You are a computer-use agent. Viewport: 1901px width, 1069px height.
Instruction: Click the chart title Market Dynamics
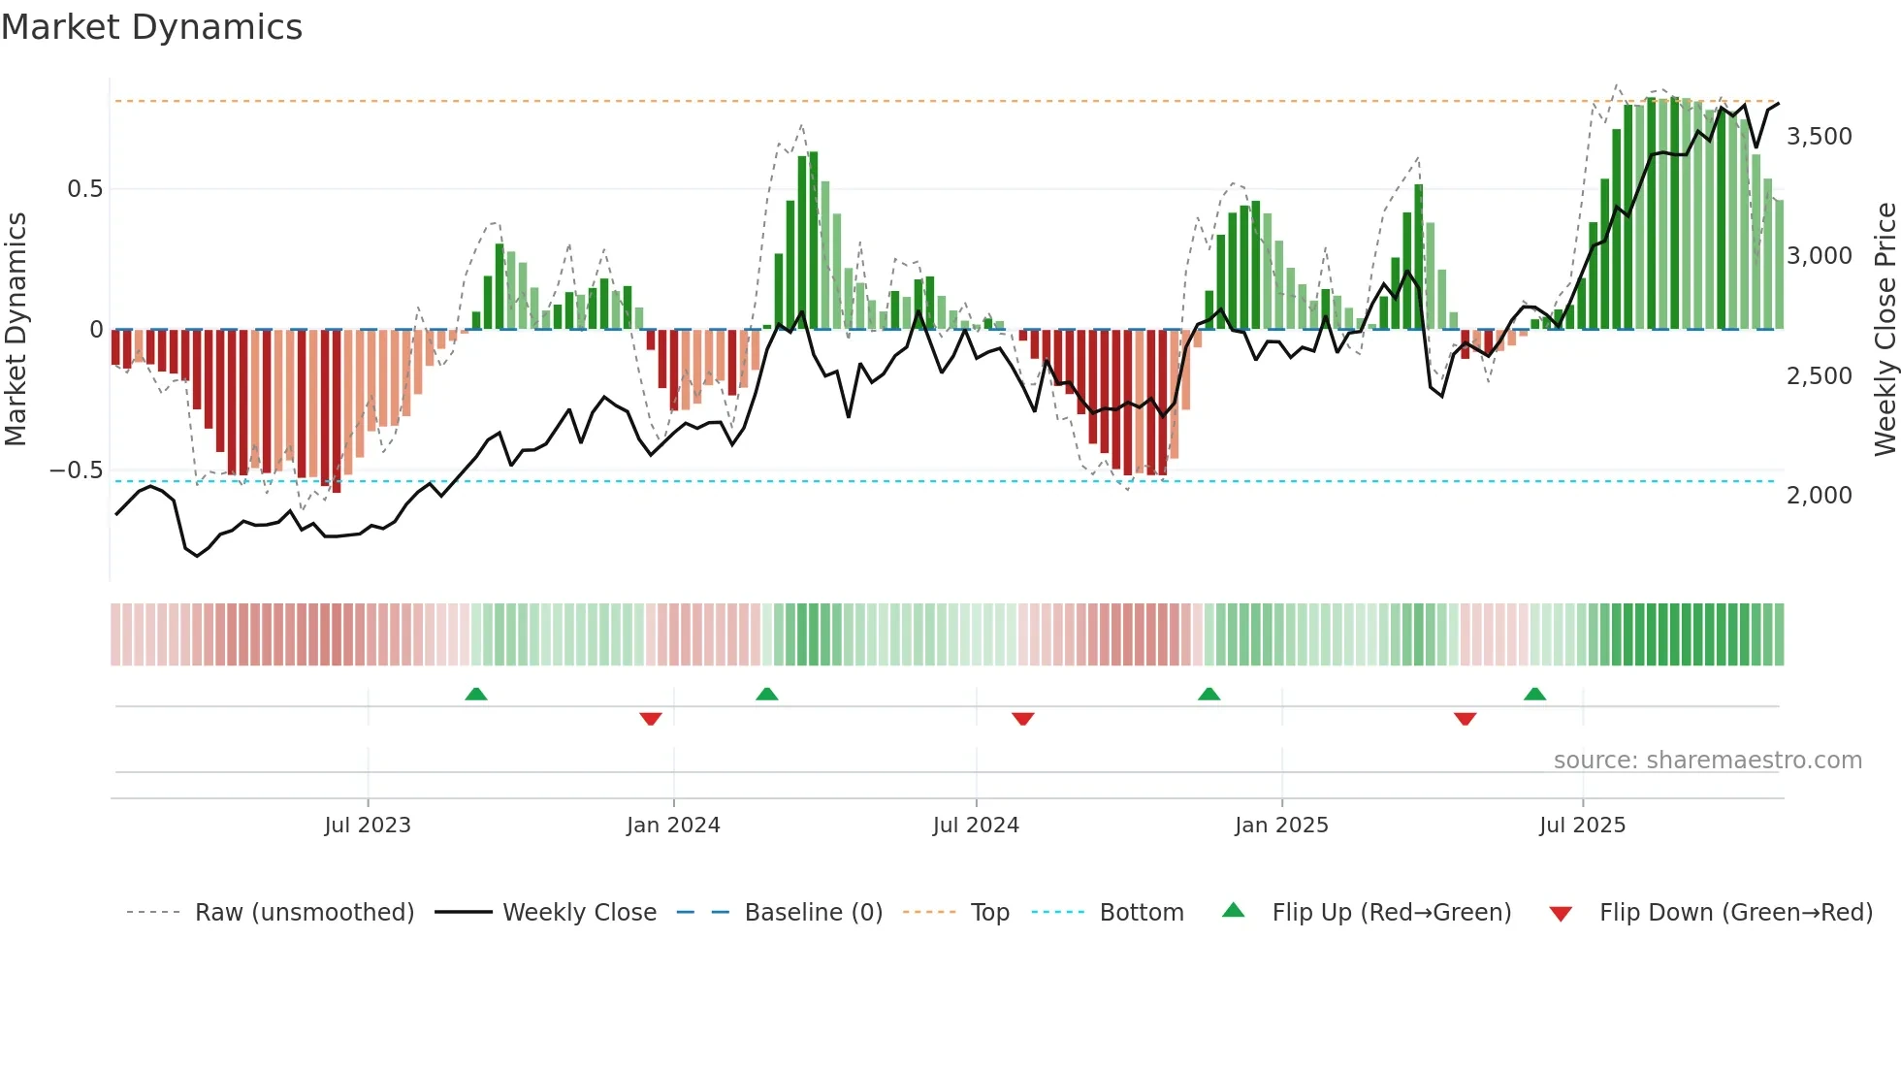(152, 27)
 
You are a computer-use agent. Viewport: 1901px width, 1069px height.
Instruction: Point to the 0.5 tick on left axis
(84, 189)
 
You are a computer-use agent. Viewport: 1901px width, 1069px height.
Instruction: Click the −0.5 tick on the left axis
(77, 470)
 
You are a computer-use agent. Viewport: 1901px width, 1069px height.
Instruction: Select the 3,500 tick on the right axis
(1819, 137)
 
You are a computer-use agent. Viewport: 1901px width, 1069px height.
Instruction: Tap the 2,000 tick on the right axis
(1819, 496)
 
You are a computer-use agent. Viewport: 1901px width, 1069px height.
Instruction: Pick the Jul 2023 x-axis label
(368, 826)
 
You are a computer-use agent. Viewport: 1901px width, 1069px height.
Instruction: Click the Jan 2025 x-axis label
(1281, 826)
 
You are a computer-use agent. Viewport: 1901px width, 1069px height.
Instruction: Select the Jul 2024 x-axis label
(976, 826)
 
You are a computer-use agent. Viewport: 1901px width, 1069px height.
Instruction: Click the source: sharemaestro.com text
(1707, 761)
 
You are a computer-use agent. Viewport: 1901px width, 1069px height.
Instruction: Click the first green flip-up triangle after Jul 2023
(475, 695)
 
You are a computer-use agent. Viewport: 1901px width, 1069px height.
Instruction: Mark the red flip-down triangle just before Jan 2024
(651, 719)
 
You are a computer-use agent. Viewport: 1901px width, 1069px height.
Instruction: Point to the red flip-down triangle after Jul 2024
(1023, 719)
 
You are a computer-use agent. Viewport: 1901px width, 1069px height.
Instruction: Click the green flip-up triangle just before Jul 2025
(1534, 695)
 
